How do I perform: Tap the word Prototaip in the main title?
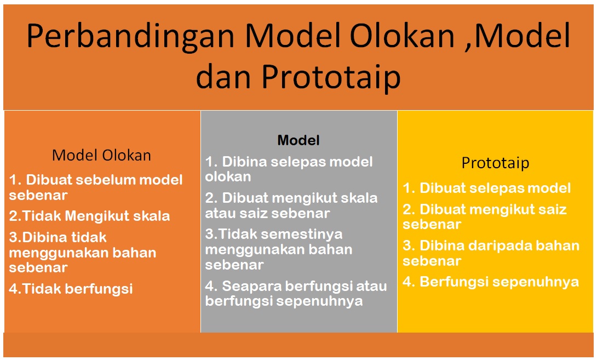pos(330,77)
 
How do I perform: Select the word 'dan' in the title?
pos(224,77)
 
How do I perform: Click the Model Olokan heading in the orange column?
pos(101,155)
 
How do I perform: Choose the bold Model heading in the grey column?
pos(298,140)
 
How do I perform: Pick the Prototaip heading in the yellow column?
pos(495,163)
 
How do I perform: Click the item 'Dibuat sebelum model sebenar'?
pos(96,187)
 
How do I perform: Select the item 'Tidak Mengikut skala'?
pos(90,216)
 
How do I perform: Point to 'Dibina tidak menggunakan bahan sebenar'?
pos(82,252)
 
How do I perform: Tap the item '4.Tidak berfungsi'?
pos(71,289)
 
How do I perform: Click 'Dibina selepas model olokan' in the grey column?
pos(289,169)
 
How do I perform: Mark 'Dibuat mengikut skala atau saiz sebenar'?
pos(291,205)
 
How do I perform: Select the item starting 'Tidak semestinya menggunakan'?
pos(279,249)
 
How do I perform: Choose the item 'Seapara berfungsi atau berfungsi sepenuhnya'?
pos(296,293)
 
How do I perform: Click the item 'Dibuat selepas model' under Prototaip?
pos(487,188)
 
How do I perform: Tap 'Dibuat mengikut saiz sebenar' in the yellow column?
pos(485,216)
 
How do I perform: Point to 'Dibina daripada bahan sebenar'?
pos(491,253)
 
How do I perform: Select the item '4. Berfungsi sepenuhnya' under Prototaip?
pos(491,282)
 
